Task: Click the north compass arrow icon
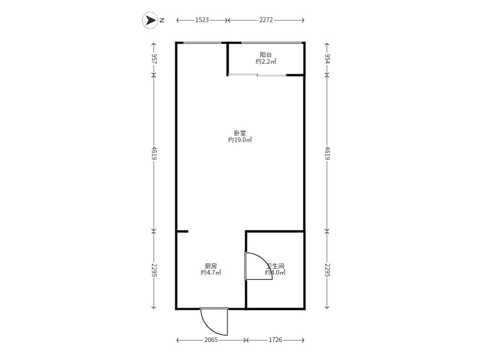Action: coord(150,20)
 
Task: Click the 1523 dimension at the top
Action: coord(202,20)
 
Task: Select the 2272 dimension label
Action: coord(266,20)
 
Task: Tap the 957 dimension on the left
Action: coord(154,58)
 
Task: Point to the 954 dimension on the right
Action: coord(327,58)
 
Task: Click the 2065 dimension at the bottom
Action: coord(211,340)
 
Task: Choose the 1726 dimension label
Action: coord(275,340)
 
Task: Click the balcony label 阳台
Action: coord(266,55)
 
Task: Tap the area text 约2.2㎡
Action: coord(266,62)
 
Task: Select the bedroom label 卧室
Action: coord(240,133)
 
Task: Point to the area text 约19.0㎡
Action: coord(240,140)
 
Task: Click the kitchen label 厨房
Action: coord(211,266)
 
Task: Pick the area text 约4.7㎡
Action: coord(211,272)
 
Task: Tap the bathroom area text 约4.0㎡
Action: coord(275,272)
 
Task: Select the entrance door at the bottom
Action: coord(214,321)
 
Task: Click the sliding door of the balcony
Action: coord(257,74)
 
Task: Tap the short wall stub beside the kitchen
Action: coord(183,231)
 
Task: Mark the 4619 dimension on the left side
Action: coord(154,153)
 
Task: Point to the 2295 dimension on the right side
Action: coord(327,269)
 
